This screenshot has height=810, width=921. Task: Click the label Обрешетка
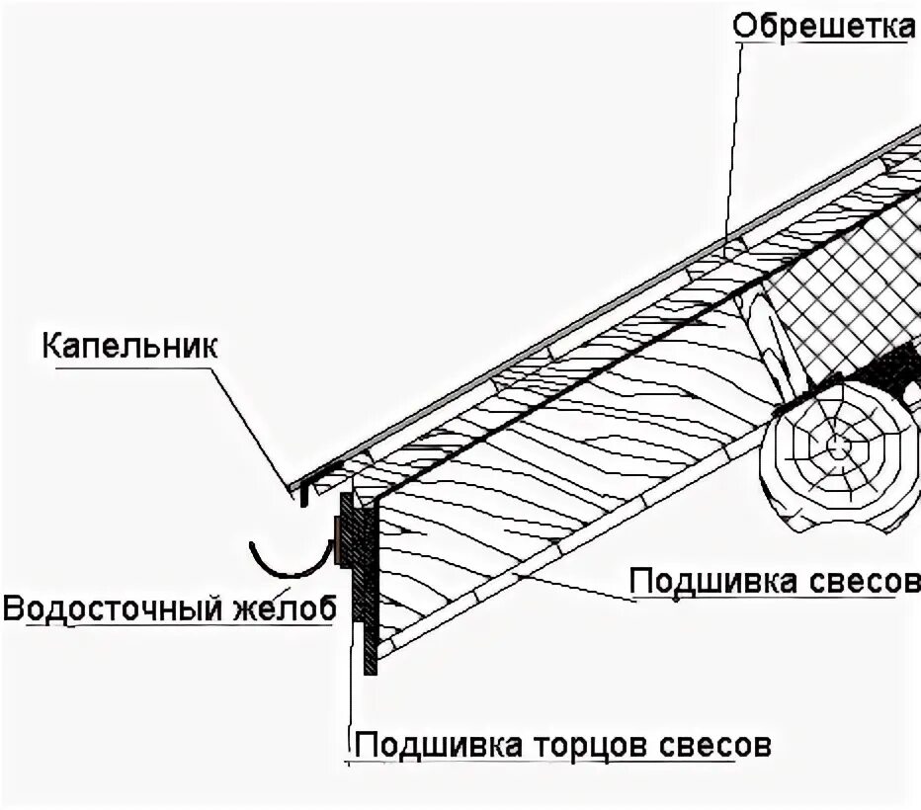823,27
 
